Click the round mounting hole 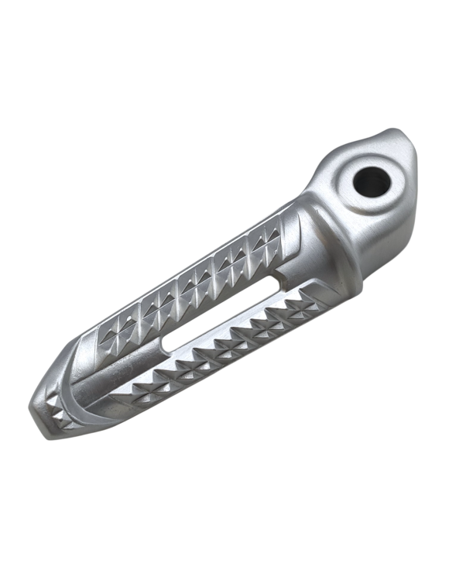(x=369, y=181)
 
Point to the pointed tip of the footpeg (x=36, y=405)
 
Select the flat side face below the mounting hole (x=387, y=232)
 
